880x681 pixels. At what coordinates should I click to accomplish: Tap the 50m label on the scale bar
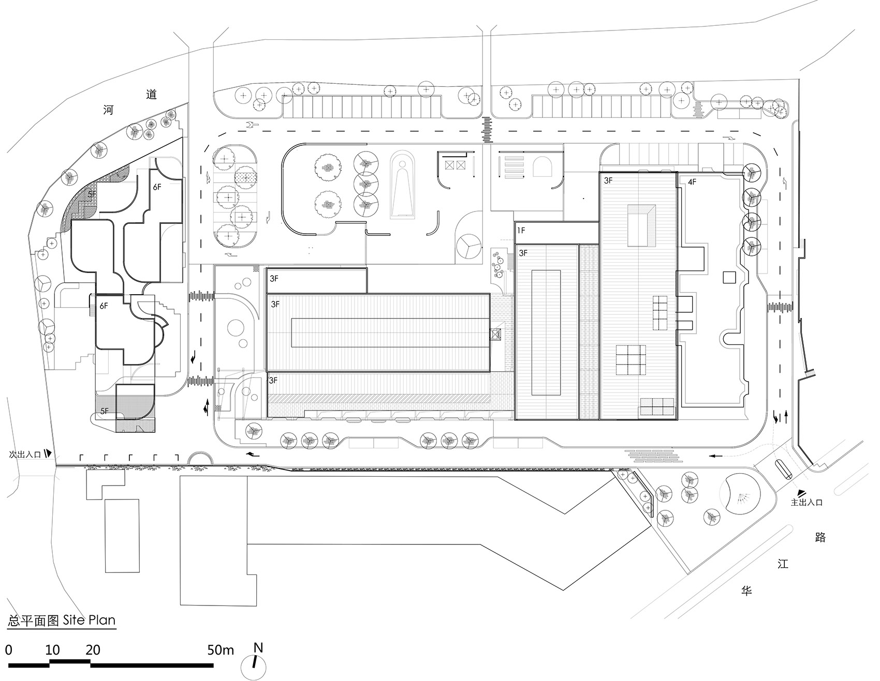point(221,650)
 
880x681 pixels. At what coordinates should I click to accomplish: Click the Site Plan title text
point(62,620)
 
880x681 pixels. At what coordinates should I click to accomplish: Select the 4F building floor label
point(692,182)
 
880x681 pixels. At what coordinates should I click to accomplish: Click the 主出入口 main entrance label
point(806,502)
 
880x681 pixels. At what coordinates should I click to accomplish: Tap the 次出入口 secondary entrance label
point(24,455)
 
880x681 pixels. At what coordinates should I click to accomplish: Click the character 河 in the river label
point(108,110)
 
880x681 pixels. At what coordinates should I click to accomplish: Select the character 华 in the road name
point(746,591)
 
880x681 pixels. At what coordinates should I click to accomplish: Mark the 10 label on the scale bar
point(52,650)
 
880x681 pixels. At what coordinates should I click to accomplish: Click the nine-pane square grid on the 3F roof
point(632,360)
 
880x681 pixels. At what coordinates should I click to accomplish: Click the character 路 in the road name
point(820,537)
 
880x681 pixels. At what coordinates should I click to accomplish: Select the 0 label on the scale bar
point(9,650)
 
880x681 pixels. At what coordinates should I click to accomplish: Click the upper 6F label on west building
point(157,187)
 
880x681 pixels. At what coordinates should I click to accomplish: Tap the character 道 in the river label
point(151,94)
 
